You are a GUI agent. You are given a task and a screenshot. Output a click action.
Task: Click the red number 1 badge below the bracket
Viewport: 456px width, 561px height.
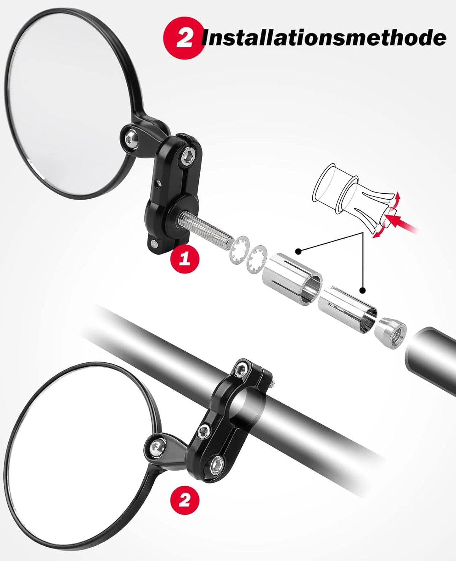pyautogui.click(x=185, y=260)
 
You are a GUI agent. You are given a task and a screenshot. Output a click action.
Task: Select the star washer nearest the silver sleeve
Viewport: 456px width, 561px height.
pyautogui.click(x=257, y=259)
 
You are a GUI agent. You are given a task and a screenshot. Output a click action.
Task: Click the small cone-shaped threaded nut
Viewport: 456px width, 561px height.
pyautogui.click(x=390, y=328)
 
